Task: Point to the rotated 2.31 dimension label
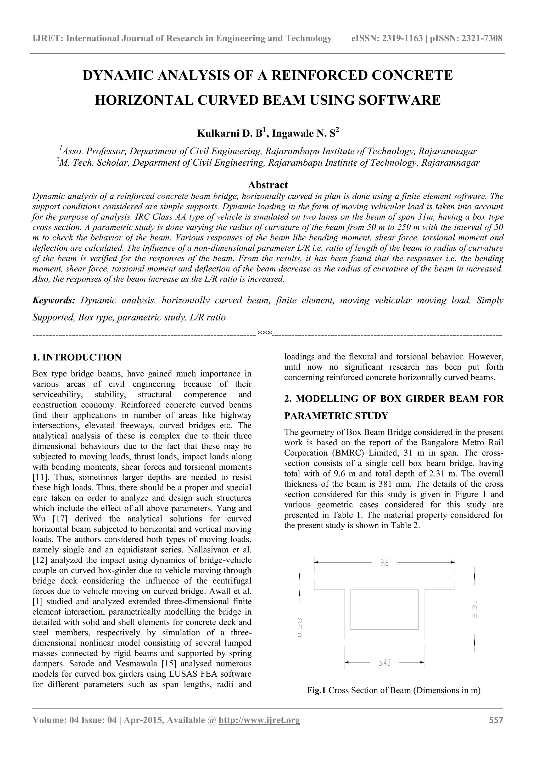click(x=474, y=609)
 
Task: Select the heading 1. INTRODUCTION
click(x=77, y=357)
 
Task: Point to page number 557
click(x=496, y=729)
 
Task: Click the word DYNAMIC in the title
click(x=117, y=76)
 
